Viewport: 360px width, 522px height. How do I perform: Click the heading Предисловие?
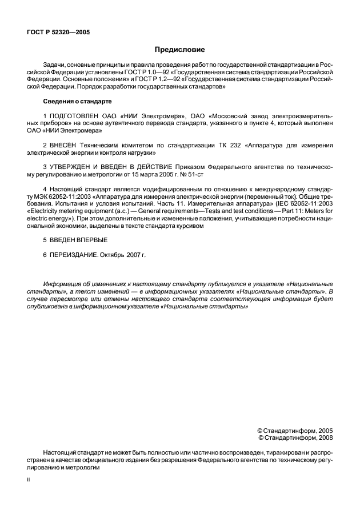pos(179,50)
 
